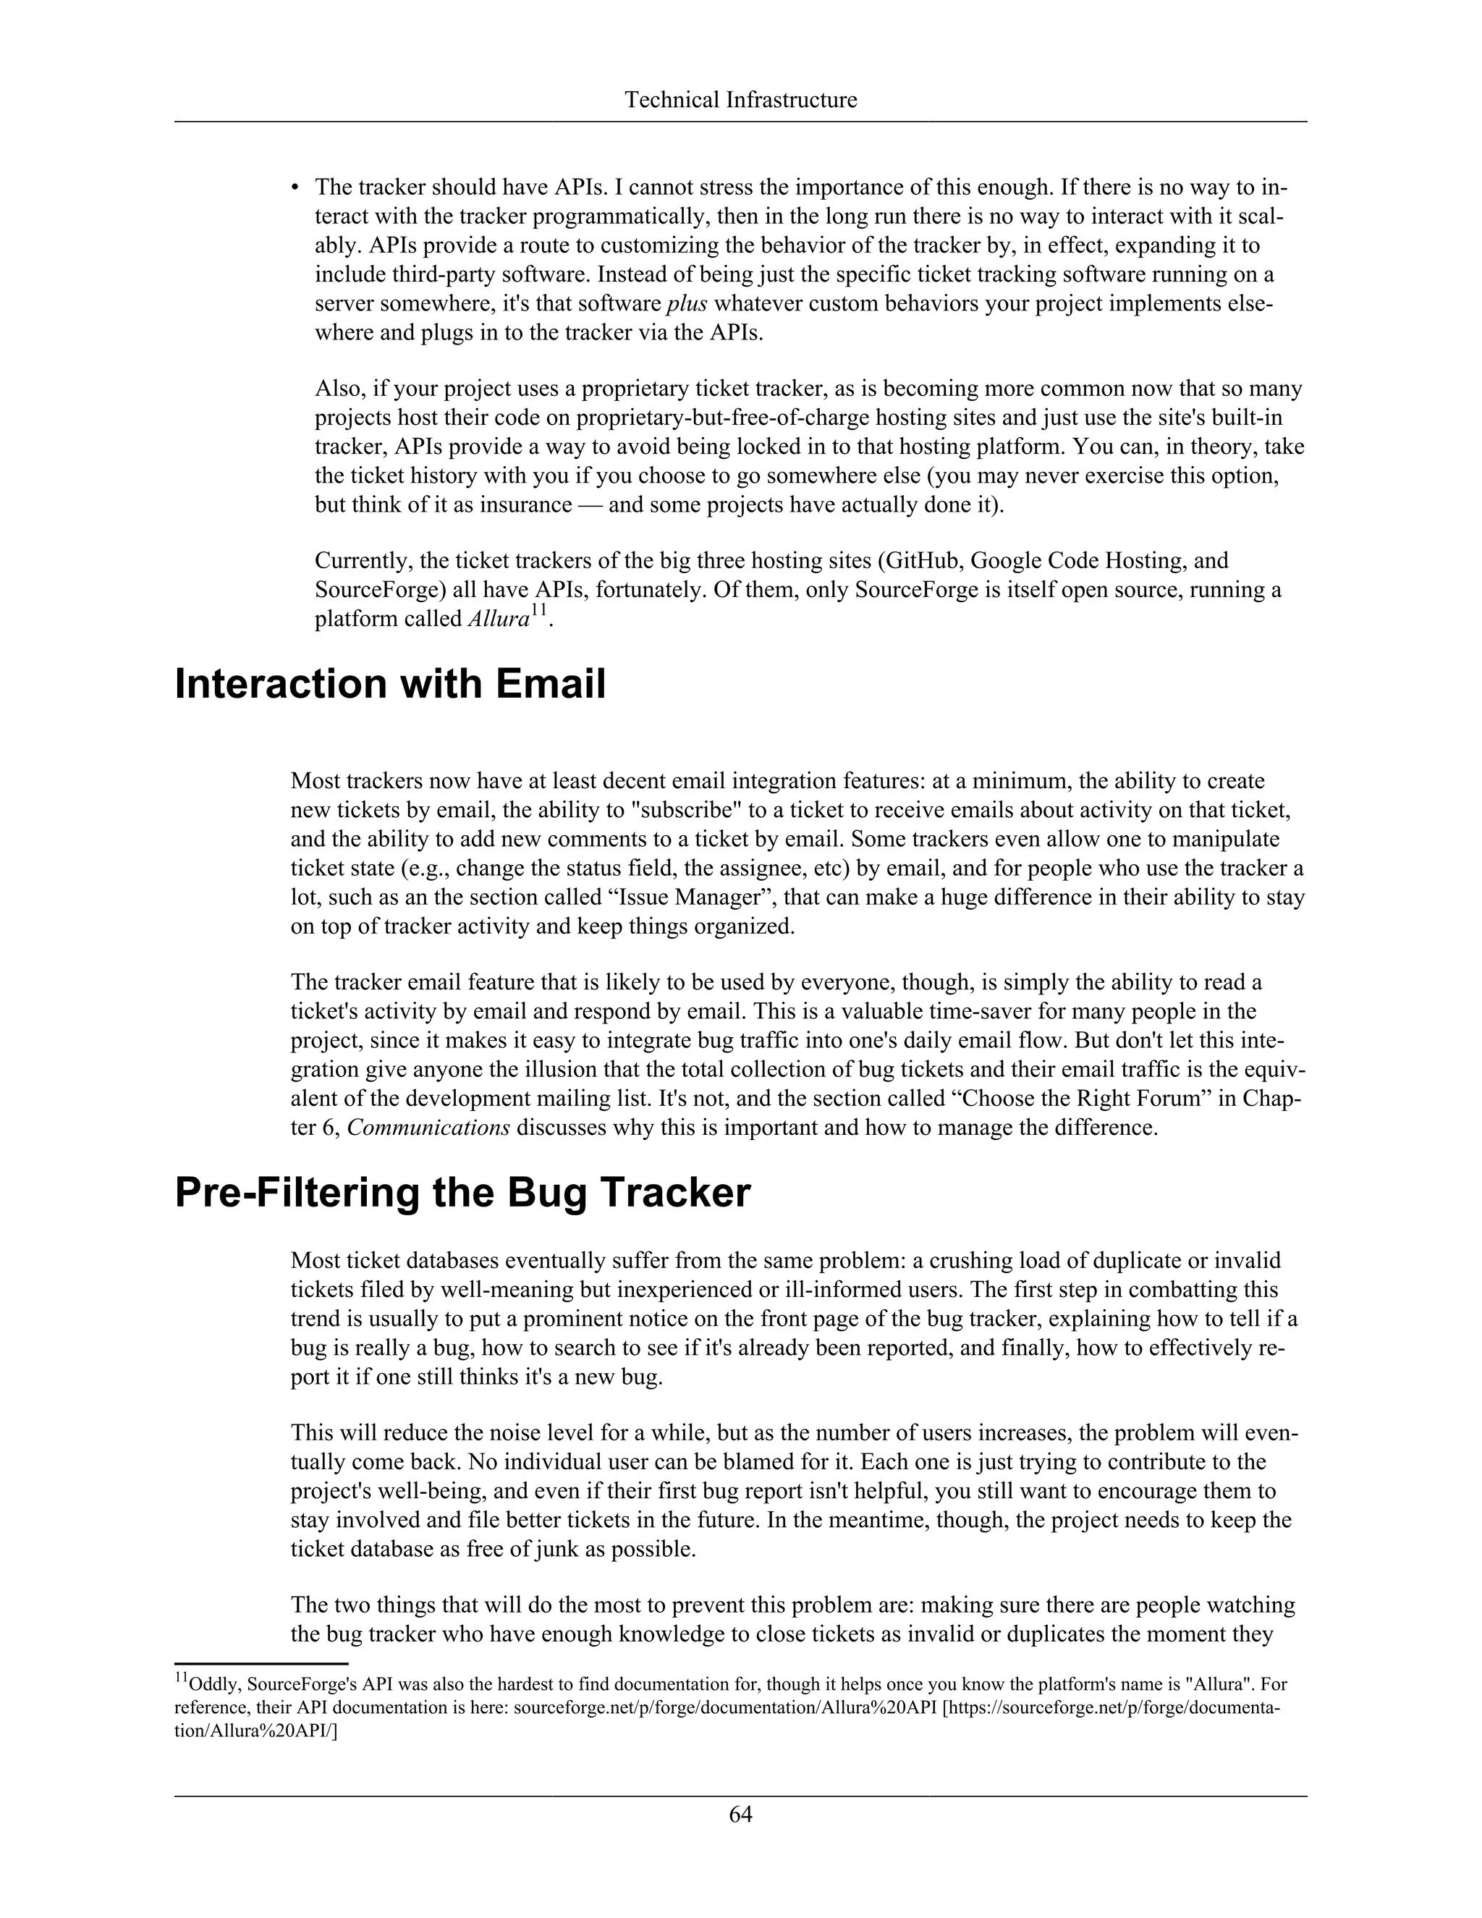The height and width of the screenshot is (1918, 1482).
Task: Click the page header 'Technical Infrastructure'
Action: [x=740, y=100]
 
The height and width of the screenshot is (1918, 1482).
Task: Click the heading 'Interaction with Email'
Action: [x=390, y=684]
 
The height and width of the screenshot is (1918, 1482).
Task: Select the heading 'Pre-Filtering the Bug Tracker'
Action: [x=462, y=1193]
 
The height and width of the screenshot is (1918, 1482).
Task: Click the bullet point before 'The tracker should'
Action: [x=296, y=188]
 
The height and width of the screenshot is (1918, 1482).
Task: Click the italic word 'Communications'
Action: [x=428, y=1128]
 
